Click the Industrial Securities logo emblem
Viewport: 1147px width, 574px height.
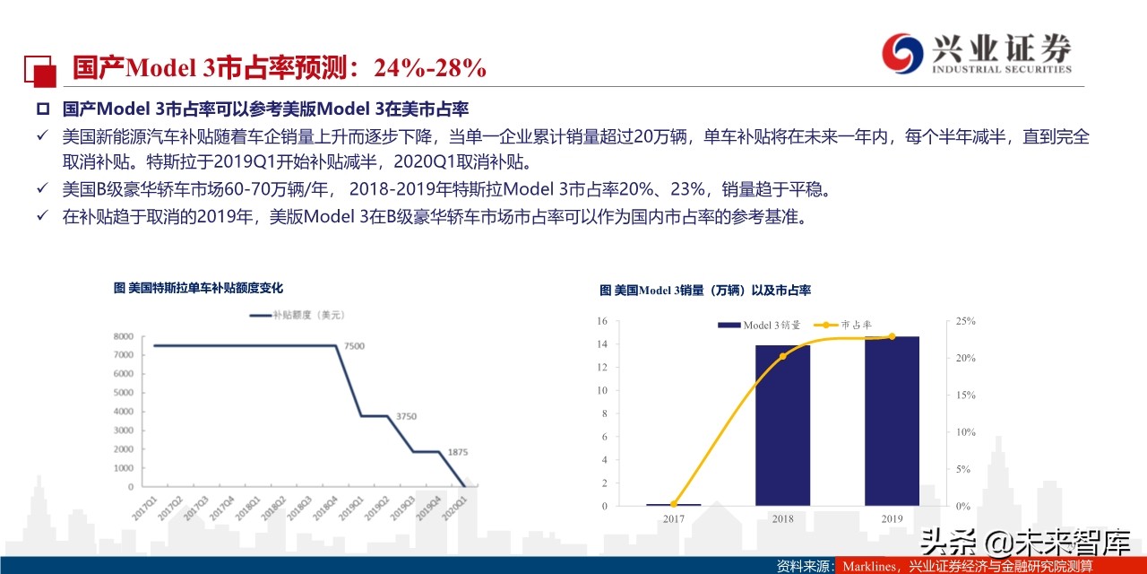coord(901,54)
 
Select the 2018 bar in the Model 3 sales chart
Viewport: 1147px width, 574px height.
coord(782,425)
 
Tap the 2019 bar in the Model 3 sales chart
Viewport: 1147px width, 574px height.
coord(892,421)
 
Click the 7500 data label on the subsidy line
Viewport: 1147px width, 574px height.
coord(356,345)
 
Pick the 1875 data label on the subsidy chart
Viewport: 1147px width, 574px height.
coord(456,451)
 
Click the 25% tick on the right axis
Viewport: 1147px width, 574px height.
coord(965,321)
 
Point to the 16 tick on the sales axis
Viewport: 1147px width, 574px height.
coord(602,321)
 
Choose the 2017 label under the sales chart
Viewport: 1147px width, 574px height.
coord(673,518)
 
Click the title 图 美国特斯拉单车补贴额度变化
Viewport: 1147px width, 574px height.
coord(198,288)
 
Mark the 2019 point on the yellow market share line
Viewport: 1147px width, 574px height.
coord(892,336)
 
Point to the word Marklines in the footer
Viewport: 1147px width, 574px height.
coord(869,566)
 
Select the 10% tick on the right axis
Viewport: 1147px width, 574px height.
coord(965,432)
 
